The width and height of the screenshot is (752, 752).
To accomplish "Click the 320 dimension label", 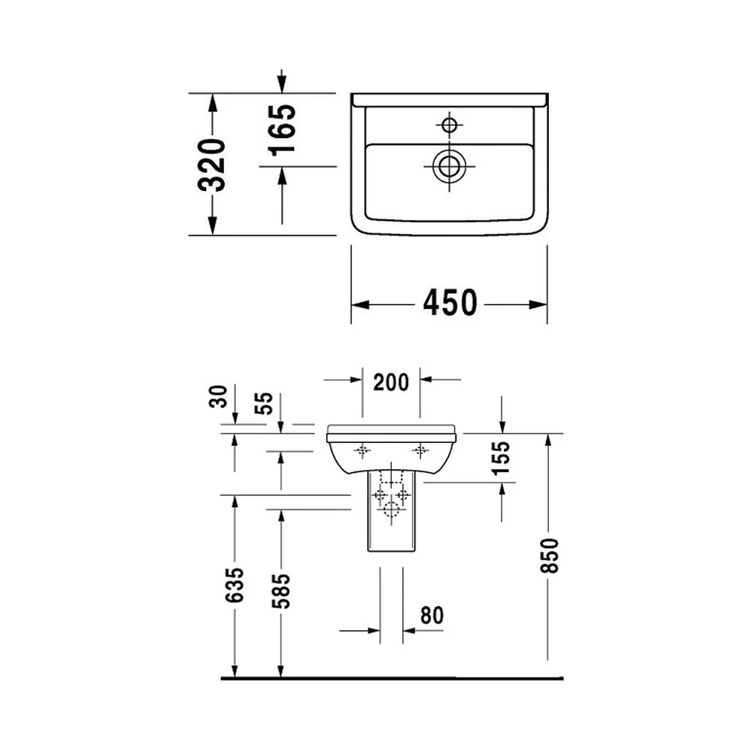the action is point(211,165).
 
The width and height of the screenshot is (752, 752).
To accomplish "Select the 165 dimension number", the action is point(281,130).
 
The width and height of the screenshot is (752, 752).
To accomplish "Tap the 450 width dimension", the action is point(450,302).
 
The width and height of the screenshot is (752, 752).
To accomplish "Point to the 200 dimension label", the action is point(391,382).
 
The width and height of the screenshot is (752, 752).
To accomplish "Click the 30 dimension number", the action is point(218,396).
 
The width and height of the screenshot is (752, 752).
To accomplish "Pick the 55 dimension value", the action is point(264,404).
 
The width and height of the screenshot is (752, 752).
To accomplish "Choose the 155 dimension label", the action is point(502,458).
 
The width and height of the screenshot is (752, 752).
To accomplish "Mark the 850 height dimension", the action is point(550,556).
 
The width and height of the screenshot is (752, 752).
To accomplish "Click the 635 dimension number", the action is point(235,585).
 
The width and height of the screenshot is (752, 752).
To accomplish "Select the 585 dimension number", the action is point(281,591).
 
